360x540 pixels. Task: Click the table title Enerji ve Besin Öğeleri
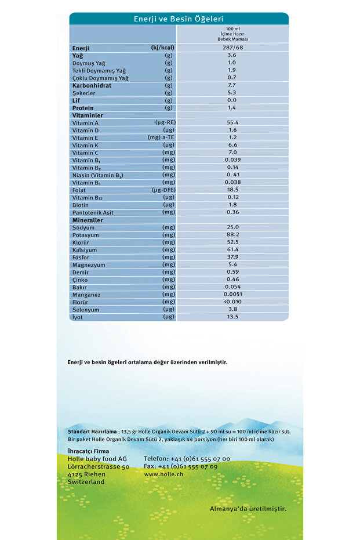179,19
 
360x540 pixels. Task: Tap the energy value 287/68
232,48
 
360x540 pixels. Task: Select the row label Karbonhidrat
92,85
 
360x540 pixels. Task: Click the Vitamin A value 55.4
232,122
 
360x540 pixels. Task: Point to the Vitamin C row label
85,153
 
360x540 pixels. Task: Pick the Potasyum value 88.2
232,234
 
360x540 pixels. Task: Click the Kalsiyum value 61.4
232,249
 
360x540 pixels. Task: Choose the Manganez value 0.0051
232,295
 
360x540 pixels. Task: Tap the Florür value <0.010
232,302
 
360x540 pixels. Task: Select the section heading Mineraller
88,220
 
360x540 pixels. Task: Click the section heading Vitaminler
88,115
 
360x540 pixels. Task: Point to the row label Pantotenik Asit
93,213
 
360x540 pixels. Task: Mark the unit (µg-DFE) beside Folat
163,190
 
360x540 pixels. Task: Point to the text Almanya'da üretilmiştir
248,509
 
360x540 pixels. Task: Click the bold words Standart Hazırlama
92,432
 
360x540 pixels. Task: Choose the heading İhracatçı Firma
88,451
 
